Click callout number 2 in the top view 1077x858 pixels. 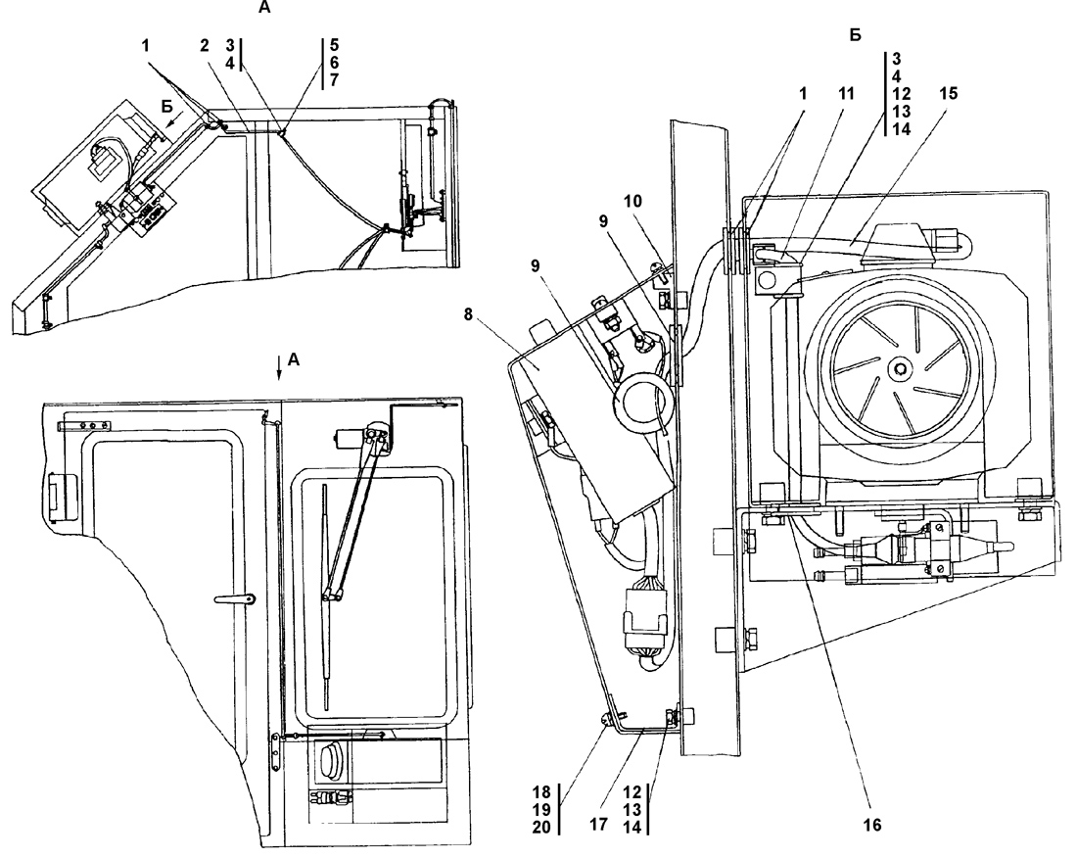point(204,45)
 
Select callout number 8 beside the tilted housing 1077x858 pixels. point(469,314)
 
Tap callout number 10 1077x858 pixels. point(632,201)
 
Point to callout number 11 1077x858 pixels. point(846,93)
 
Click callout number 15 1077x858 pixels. point(949,93)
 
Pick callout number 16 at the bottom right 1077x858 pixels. point(871,825)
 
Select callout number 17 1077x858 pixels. point(598,825)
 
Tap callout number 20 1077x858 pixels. point(542,828)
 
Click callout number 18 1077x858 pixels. point(542,791)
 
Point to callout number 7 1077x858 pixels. point(335,80)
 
